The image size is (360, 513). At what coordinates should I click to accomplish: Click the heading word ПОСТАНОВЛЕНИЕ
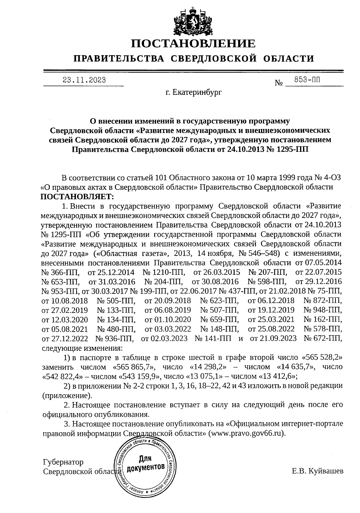pos(193,44)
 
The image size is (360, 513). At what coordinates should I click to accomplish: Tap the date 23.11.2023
pos(84,80)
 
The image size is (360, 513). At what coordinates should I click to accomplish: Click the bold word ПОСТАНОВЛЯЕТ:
pos(78,197)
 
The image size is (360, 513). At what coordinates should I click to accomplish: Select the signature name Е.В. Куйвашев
pos(318,471)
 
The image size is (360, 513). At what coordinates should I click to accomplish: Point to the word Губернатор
pos(63,462)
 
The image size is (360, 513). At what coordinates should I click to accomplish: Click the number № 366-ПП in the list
pos(60,272)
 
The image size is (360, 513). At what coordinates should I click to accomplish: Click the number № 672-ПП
pos(323,338)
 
